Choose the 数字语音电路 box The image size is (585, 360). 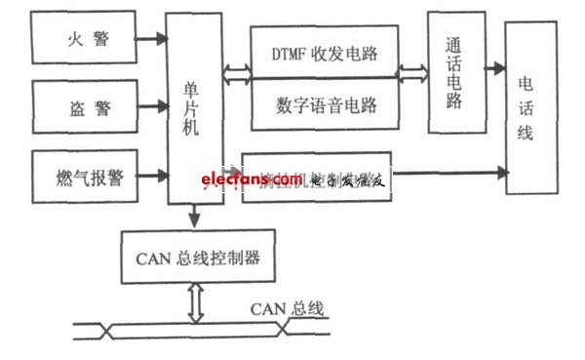coord(326,104)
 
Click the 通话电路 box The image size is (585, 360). coord(456,73)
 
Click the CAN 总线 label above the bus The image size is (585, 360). coord(291,310)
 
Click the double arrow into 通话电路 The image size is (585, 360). coord(412,72)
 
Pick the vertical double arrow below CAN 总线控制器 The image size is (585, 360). coord(196,302)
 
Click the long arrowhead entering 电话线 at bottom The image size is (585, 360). coord(501,173)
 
